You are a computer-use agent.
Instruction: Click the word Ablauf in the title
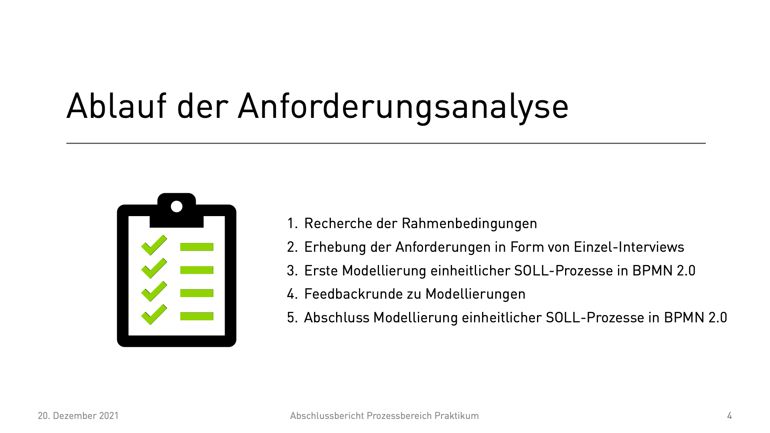pos(116,106)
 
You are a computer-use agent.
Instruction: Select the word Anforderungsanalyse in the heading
pos(403,107)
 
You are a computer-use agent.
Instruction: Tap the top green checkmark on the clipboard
pos(154,245)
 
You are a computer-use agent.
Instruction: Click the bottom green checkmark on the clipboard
pos(154,315)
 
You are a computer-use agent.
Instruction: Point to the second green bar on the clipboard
pos(197,270)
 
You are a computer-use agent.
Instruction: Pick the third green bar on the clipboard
pos(197,293)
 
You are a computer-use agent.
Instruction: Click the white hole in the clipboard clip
pos(176,206)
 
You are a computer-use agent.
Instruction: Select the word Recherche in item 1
pos(338,223)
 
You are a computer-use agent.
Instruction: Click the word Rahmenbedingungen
pos(469,224)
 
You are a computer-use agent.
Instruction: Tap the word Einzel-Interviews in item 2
pos(629,247)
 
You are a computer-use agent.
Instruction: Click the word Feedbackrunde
pos(353,294)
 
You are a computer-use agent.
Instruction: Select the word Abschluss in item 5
pos(336,318)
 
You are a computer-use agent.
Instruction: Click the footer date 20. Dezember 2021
pos(78,416)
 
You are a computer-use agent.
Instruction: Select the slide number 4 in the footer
pos(729,416)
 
